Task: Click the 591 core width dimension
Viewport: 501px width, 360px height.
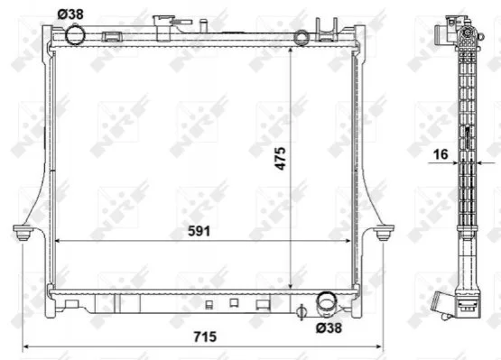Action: pyautogui.click(x=199, y=231)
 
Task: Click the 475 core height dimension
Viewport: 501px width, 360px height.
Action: pyautogui.click(x=280, y=159)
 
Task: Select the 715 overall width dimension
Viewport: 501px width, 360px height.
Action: pyautogui.click(x=205, y=337)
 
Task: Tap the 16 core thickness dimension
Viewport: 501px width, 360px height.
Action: pyautogui.click(x=441, y=154)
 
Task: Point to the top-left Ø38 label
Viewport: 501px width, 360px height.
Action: pyautogui.click(x=70, y=14)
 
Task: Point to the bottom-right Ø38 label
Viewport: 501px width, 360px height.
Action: pyautogui.click(x=329, y=328)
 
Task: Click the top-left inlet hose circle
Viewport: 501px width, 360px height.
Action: pyautogui.click(x=75, y=34)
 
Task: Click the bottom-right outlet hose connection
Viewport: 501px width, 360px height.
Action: pyautogui.click(x=326, y=304)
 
